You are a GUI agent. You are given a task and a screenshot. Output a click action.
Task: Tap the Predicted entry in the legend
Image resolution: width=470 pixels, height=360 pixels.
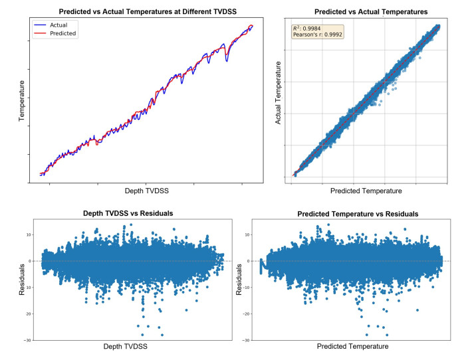[x=64, y=33]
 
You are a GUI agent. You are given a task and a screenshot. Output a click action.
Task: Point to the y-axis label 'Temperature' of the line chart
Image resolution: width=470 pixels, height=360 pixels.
[x=21, y=100]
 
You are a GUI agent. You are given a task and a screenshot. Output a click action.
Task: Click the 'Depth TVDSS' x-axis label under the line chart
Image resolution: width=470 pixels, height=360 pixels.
[x=146, y=191]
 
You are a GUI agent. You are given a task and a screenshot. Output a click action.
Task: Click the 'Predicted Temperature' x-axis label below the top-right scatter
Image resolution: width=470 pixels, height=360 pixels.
[x=366, y=191]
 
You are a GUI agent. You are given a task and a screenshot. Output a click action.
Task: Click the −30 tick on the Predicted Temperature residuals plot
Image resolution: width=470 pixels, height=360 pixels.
[x=245, y=340]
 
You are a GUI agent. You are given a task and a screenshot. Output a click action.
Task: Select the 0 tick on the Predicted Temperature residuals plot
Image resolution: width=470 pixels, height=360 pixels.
[x=248, y=261]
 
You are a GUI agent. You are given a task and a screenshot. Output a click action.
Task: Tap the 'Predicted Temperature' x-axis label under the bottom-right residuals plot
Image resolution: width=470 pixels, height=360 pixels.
[x=352, y=347]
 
